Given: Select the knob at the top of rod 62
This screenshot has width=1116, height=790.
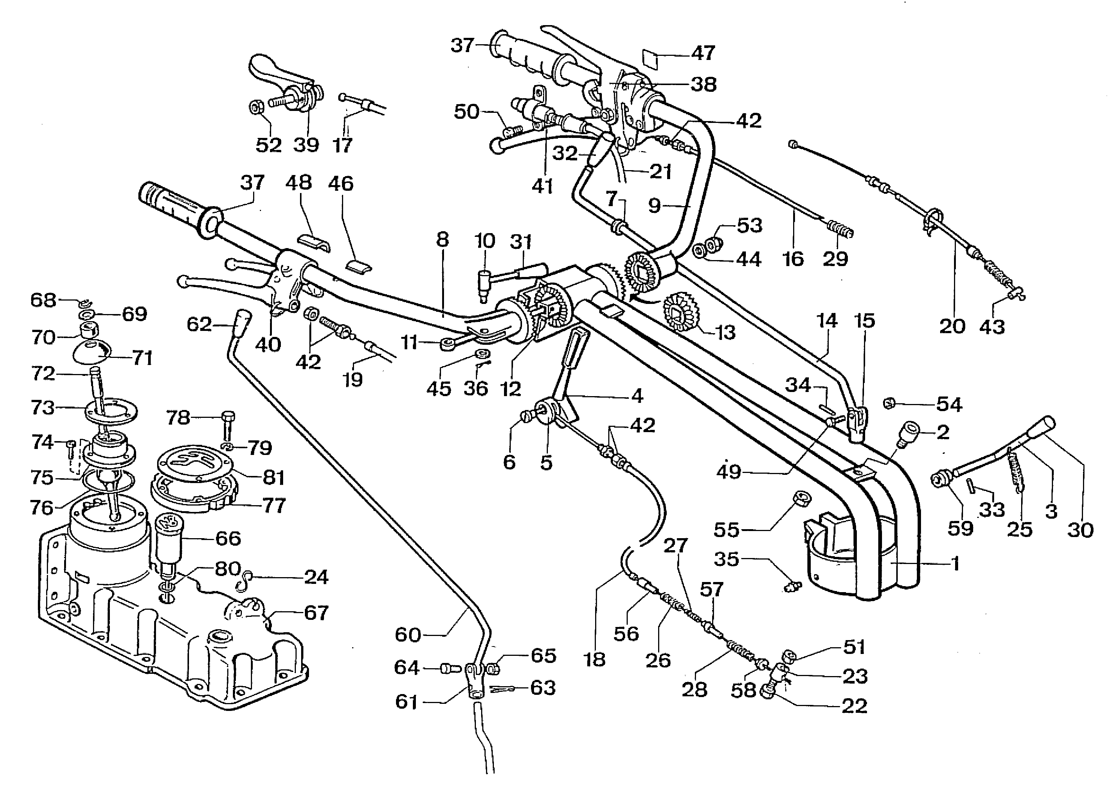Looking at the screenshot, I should (244, 320).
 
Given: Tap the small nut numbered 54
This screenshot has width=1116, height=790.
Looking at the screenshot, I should (889, 403).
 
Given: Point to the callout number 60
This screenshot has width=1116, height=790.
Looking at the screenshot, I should (408, 635).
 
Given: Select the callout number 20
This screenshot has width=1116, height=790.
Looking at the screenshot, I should (952, 326).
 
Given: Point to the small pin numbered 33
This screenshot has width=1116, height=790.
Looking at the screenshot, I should (970, 485).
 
